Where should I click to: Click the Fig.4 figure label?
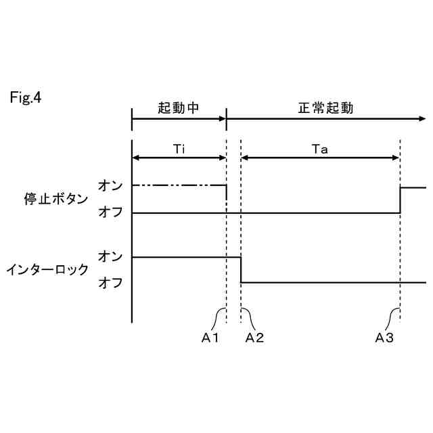pyautogui.click(x=26, y=98)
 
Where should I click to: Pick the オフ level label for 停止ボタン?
pyautogui.click(x=110, y=212)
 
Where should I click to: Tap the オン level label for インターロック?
pyautogui.click(x=110, y=256)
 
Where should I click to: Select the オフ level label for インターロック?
pyautogui.click(x=110, y=283)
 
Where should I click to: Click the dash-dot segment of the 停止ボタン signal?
pyautogui.click(x=179, y=185)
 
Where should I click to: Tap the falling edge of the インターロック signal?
pyautogui.click(x=242, y=269)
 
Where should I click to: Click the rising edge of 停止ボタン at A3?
pyautogui.click(x=401, y=200)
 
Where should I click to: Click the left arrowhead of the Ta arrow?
pyautogui.click(x=245, y=158)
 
